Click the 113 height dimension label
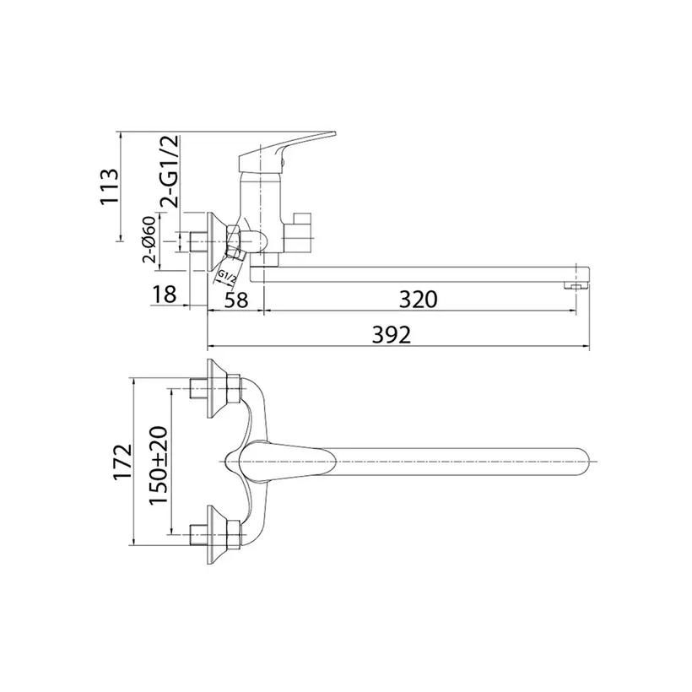(110, 187)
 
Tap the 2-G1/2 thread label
(170, 171)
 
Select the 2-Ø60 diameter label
(149, 240)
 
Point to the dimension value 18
(164, 295)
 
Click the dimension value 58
(236, 300)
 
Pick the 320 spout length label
(418, 300)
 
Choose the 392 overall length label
(392, 335)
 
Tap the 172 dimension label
(122, 462)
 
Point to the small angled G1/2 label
(227, 277)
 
